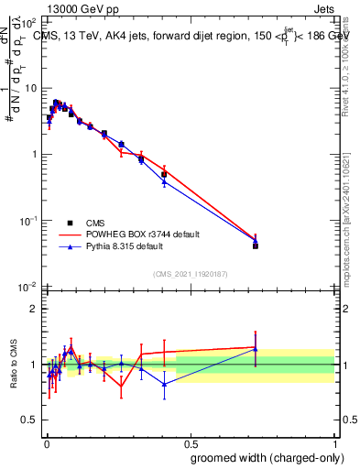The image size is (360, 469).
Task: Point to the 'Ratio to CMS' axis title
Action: [x=12, y=365]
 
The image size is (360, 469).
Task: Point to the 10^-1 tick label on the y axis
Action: [x=28, y=221]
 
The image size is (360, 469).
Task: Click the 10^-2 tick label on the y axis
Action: [x=28, y=287]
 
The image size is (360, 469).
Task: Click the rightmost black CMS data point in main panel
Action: [x=256, y=245]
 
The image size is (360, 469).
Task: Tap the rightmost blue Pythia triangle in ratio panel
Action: [x=256, y=349]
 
